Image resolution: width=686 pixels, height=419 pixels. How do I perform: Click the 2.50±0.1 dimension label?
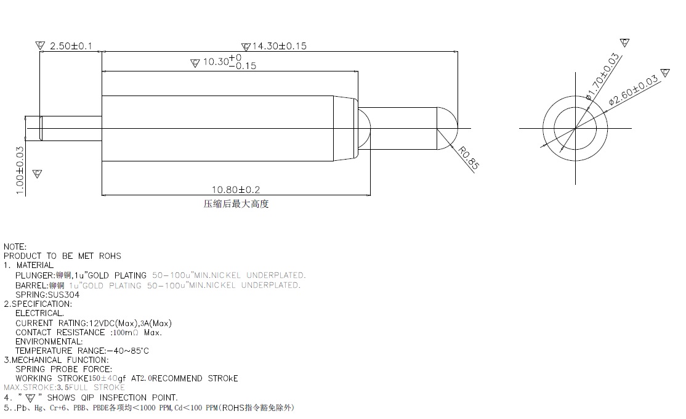click(x=71, y=46)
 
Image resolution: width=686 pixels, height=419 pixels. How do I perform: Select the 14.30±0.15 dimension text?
click(x=279, y=46)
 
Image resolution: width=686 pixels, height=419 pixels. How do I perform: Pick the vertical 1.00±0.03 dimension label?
click(x=20, y=171)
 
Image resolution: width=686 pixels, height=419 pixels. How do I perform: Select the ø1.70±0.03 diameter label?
click(x=602, y=76)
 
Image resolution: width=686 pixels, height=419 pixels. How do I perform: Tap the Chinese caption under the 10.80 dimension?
click(x=236, y=204)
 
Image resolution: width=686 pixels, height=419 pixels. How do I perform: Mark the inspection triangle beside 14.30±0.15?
click(x=246, y=46)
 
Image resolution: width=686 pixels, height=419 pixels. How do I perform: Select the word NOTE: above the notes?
click(x=15, y=246)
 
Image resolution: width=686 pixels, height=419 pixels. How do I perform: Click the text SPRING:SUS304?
click(x=47, y=295)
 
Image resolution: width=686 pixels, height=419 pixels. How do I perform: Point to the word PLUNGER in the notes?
click(x=34, y=275)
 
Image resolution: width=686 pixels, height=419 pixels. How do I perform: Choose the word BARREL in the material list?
click(x=32, y=285)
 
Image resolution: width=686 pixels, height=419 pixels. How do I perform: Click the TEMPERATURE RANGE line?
click(x=82, y=351)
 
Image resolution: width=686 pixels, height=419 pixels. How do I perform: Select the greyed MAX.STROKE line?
click(x=64, y=388)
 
